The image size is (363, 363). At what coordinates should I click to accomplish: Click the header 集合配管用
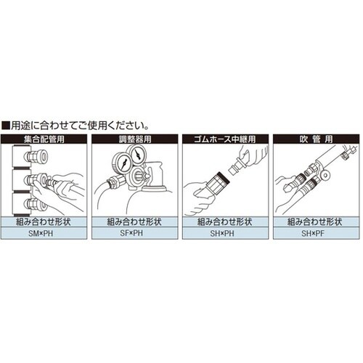(x=44, y=137)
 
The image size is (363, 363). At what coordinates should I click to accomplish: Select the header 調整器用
(x=135, y=137)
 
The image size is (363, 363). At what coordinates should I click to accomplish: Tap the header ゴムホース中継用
(x=226, y=137)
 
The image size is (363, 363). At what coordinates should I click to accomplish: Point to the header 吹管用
(x=317, y=137)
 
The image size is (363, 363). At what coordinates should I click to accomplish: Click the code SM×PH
(x=44, y=234)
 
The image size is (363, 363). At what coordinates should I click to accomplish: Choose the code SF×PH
(x=135, y=234)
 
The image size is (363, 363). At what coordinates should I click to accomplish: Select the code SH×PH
(x=226, y=234)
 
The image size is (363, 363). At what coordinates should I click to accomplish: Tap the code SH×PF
(x=317, y=234)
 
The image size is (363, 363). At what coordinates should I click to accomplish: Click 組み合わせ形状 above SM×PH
(x=44, y=222)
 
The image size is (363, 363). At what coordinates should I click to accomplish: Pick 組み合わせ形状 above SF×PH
(x=135, y=222)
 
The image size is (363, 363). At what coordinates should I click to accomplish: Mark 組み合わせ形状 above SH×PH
(x=226, y=222)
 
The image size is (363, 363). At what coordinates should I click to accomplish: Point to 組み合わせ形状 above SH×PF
(x=317, y=222)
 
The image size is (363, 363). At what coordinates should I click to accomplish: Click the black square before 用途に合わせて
(x=7, y=124)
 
